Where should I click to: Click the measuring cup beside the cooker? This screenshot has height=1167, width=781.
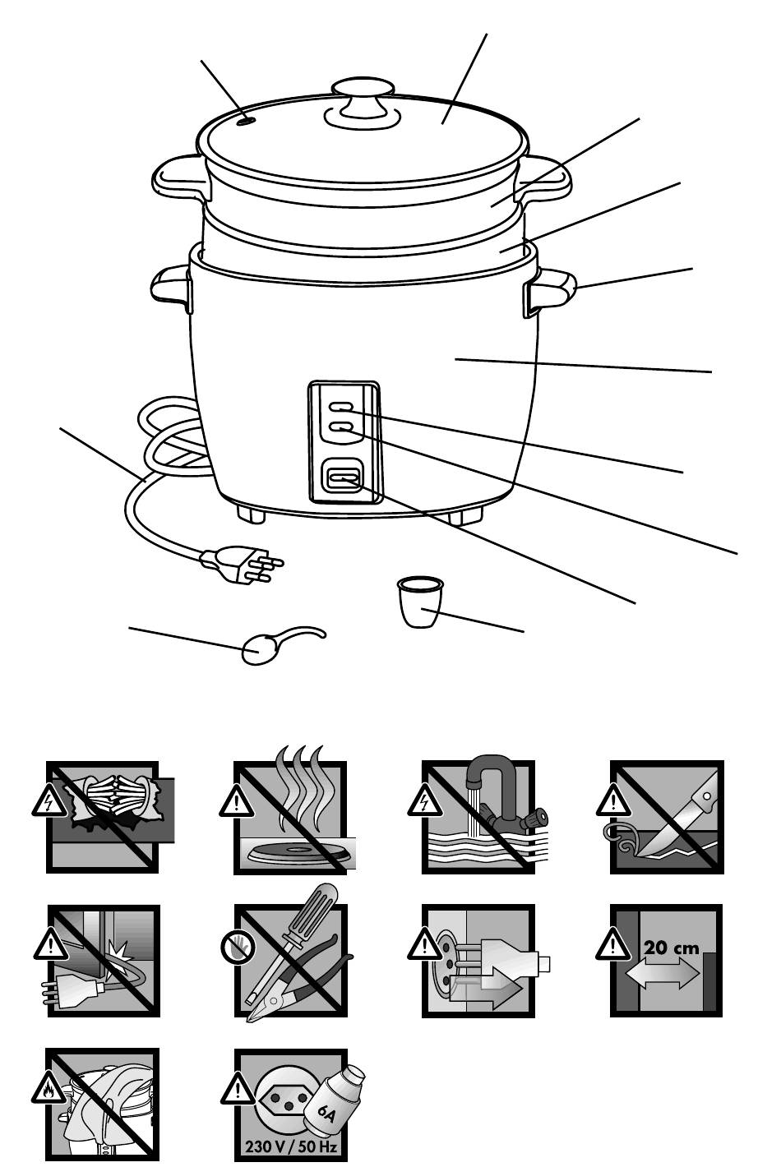pyautogui.click(x=420, y=602)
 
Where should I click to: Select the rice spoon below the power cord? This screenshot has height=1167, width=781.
pyautogui.click(x=281, y=644)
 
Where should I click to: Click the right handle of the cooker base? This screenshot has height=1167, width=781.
pyautogui.click(x=551, y=289)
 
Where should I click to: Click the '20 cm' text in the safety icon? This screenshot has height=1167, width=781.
pyautogui.click(x=671, y=947)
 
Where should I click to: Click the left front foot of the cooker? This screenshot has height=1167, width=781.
pyautogui.click(x=251, y=513)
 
